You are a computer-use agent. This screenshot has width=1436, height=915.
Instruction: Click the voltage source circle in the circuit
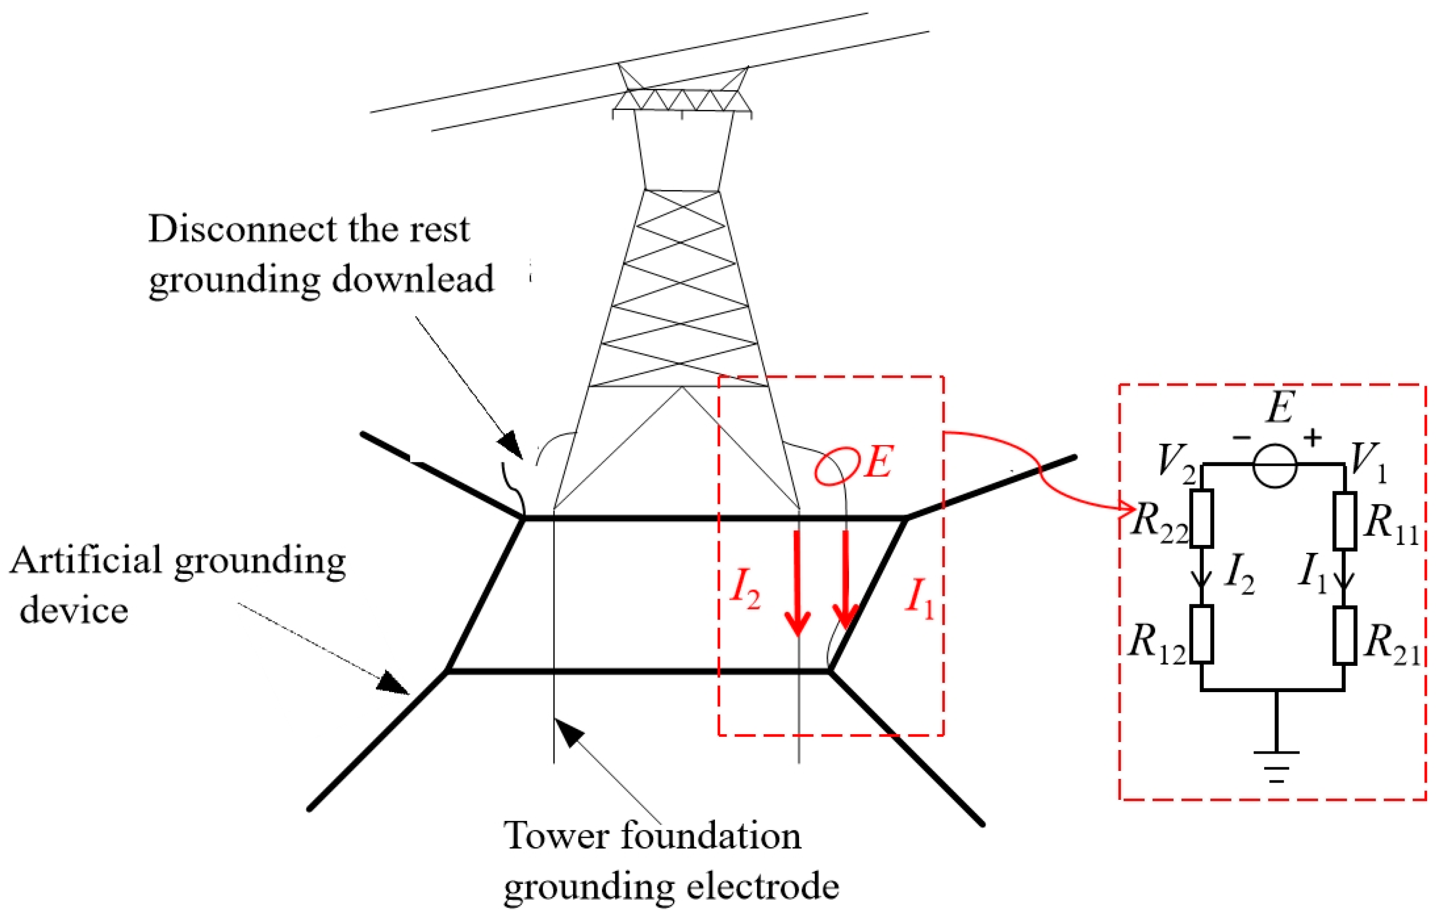pyautogui.click(x=1275, y=466)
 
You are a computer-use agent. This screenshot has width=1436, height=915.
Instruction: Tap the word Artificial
pyautogui.click(x=86, y=561)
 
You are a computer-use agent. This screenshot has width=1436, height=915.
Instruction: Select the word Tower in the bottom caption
pyautogui.click(x=556, y=836)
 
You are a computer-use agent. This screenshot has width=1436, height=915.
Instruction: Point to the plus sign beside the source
pyautogui.click(x=1312, y=438)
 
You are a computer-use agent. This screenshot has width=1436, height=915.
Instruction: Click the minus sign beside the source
pyautogui.click(x=1242, y=439)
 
